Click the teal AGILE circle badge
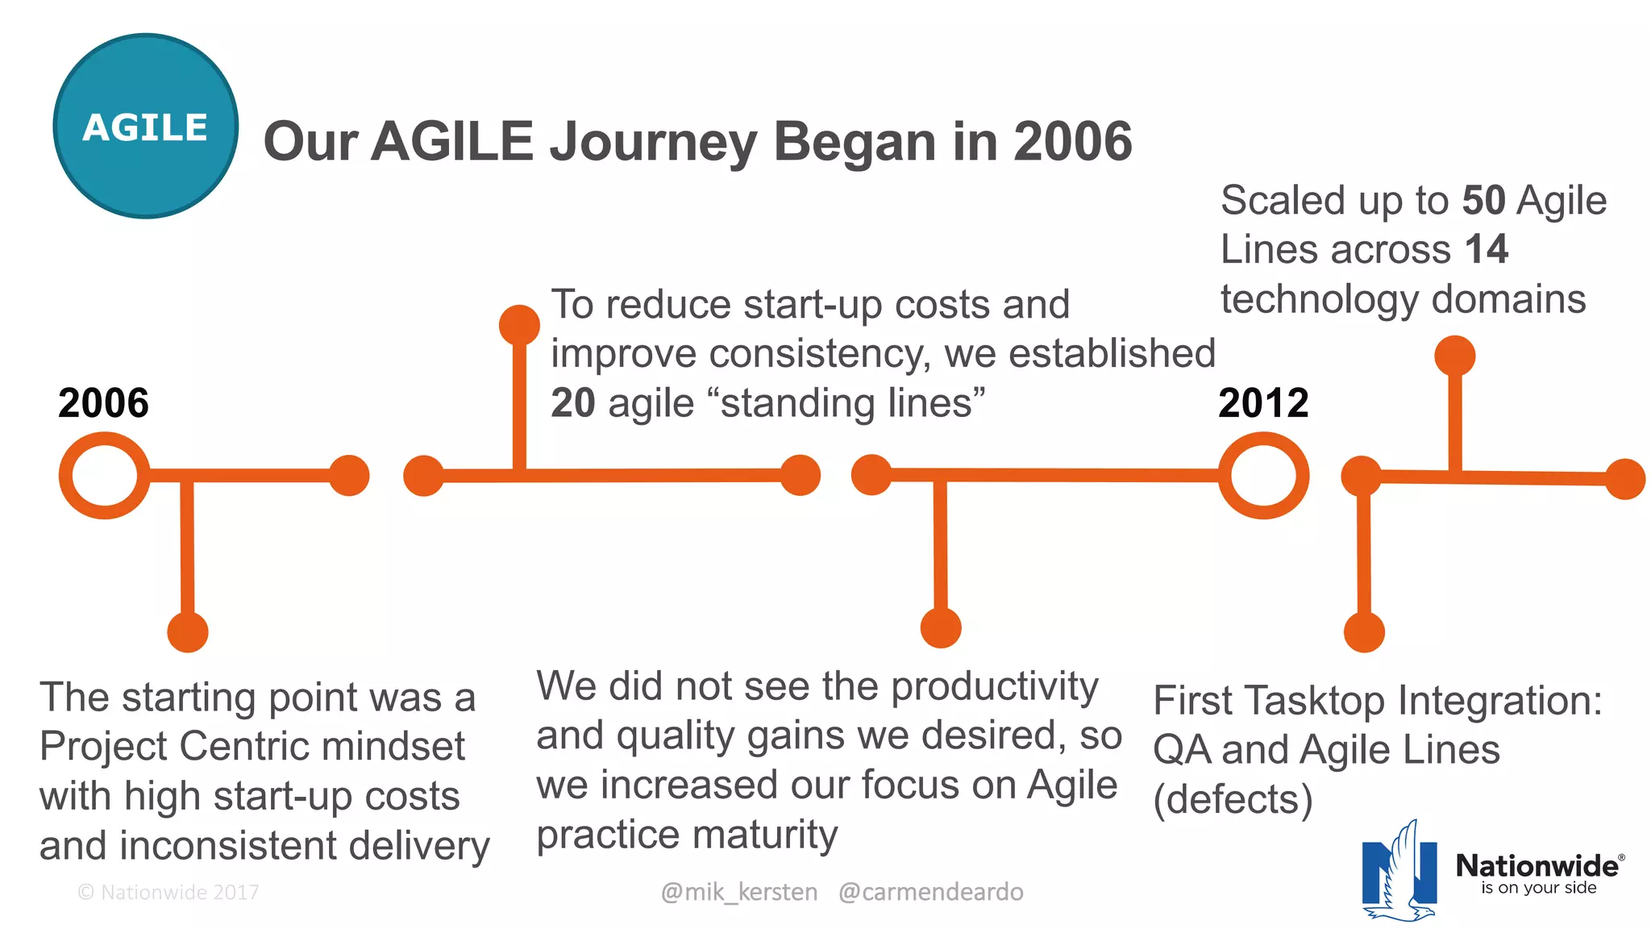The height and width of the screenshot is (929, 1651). [x=146, y=126]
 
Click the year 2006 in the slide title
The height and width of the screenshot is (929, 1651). [x=1072, y=142]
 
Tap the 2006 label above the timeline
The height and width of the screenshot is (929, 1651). [x=103, y=403]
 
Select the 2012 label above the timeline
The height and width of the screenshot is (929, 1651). [x=1263, y=403]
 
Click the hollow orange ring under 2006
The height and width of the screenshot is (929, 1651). [x=104, y=476]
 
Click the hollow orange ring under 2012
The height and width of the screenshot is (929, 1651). [x=1263, y=476]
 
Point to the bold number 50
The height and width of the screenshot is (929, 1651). [x=1483, y=201]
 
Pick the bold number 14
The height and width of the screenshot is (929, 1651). [x=1486, y=249]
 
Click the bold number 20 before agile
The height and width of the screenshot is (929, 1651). [x=572, y=403]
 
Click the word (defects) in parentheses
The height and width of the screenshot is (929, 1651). [x=1233, y=800]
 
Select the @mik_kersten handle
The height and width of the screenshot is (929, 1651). [x=738, y=892]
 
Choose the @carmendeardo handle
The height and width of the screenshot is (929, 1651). [x=930, y=892]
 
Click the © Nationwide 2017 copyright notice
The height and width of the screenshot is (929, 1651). [x=168, y=892]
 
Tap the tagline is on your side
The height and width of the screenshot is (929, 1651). [x=1538, y=888]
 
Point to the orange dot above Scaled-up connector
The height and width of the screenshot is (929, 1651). [x=1454, y=356]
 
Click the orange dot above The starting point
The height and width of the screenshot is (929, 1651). [x=188, y=631]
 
